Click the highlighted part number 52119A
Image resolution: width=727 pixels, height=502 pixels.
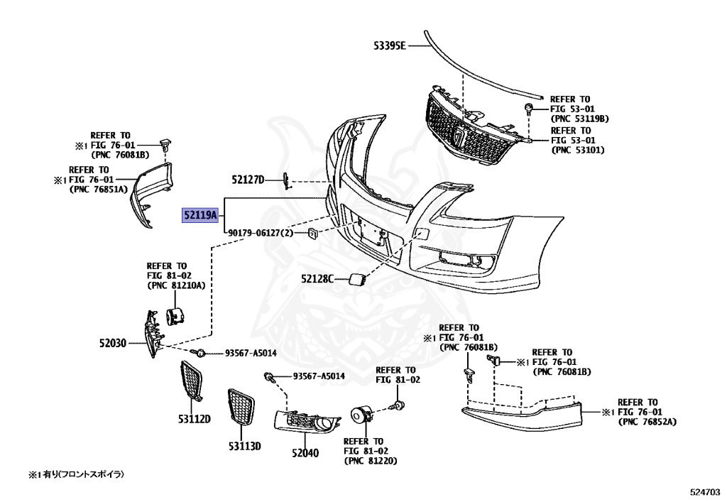tap(200, 215)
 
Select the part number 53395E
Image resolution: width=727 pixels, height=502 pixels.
tap(390, 46)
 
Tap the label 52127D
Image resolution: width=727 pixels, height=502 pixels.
tap(247, 180)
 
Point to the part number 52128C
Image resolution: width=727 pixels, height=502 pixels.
tap(317, 279)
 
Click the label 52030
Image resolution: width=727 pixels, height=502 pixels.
tap(112, 343)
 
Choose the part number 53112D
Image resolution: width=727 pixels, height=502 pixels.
tap(195, 418)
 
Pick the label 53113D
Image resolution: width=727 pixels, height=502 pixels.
tap(245, 446)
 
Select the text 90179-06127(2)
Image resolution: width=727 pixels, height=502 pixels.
tap(261, 233)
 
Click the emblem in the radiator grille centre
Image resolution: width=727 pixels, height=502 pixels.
tap(460, 136)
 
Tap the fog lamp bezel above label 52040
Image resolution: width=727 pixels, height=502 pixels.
tap(307, 425)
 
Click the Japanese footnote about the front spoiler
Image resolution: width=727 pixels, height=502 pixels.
tap(81, 474)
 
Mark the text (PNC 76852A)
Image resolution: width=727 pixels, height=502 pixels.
tap(647, 422)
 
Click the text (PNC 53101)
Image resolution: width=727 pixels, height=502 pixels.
tap(578, 150)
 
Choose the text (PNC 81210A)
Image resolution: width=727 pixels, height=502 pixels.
tap(176, 285)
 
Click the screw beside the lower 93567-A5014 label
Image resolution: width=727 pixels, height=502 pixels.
tap(269, 377)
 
